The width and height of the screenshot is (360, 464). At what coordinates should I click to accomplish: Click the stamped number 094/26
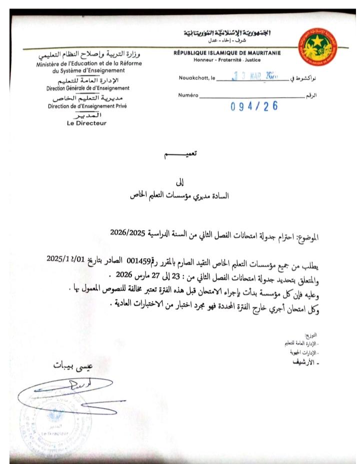pos(254,106)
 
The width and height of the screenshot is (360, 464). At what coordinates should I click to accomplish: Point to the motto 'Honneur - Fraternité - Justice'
pos(227,60)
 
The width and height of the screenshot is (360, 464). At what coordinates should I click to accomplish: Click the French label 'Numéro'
pos(188,94)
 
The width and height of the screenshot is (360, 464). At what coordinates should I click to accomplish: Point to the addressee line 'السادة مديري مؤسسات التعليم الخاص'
pos(179,196)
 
